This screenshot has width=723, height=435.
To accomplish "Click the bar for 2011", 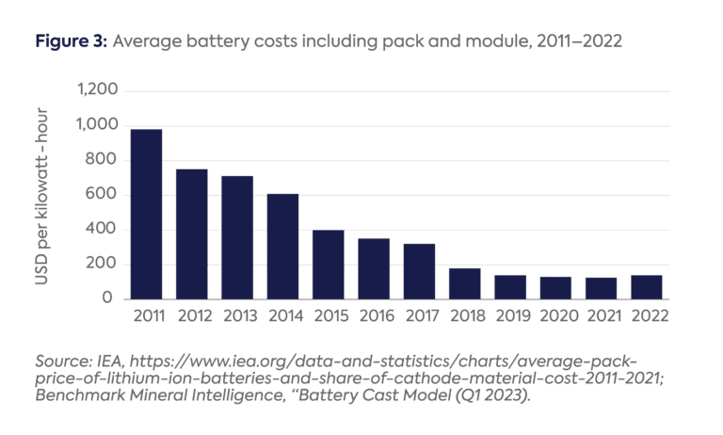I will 146,214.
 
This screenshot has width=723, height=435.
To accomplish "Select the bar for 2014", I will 282,247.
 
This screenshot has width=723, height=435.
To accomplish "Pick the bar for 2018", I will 465,283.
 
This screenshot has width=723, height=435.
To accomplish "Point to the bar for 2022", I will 647,287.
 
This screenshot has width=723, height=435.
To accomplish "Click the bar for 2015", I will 329,265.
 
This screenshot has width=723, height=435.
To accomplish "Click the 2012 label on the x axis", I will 192,316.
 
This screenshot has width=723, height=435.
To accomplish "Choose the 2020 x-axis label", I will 555,316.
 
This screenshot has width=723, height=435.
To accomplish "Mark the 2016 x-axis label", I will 374,316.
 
